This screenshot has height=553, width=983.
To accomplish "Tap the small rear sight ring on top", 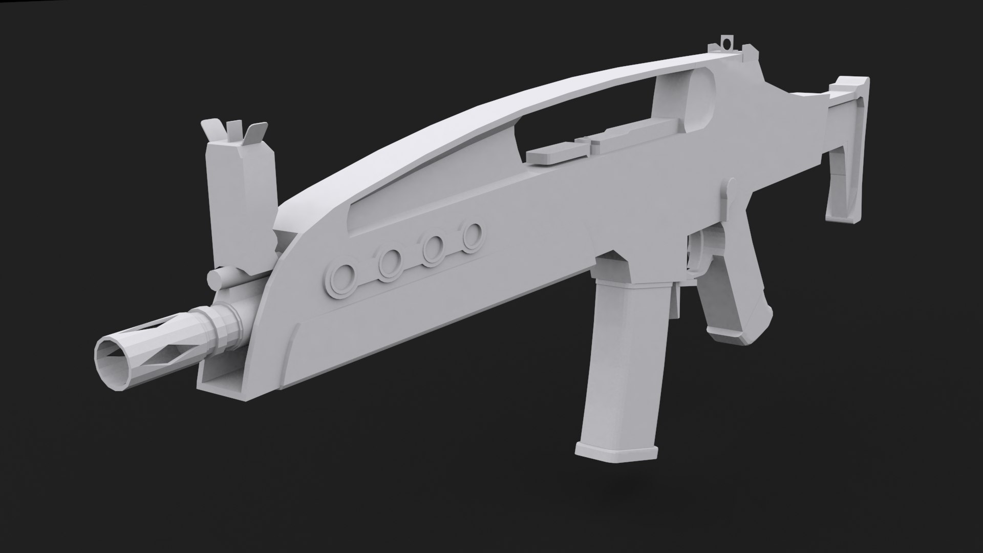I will [x=725, y=40].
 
